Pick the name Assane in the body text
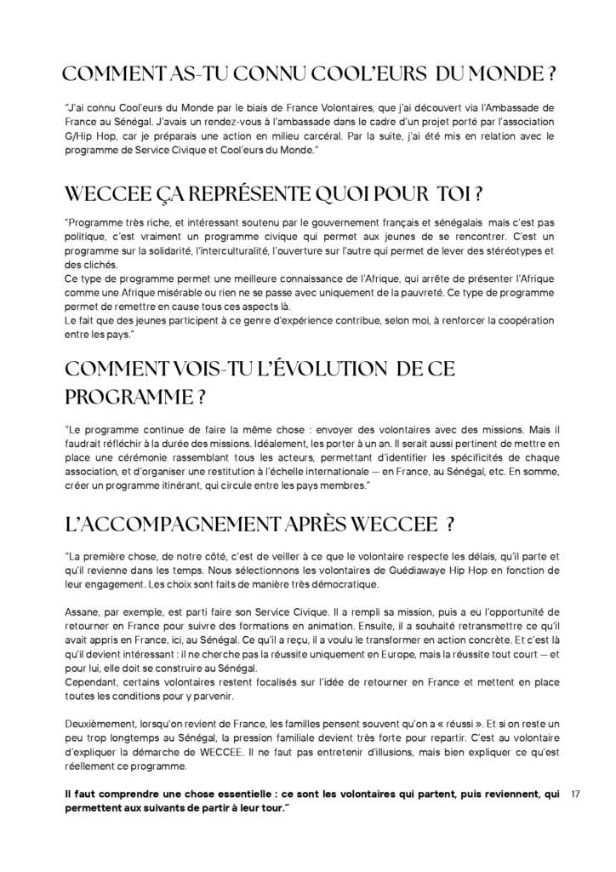click(84, 611)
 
